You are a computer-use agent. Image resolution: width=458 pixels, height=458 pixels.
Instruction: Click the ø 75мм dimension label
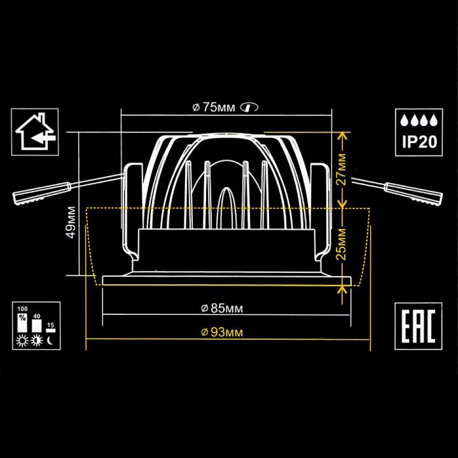[x=213, y=108]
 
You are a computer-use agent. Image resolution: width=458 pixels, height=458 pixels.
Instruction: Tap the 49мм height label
[x=71, y=223]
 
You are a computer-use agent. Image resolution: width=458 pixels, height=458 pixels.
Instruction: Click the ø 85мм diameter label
[x=222, y=309]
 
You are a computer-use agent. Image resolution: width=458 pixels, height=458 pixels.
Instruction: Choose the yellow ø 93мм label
[x=222, y=332]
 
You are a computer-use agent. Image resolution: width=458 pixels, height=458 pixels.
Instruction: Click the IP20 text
[x=419, y=142]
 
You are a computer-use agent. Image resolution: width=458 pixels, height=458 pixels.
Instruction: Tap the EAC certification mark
[x=418, y=326]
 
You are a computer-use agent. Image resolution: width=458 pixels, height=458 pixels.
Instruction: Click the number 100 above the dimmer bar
[x=23, y=309]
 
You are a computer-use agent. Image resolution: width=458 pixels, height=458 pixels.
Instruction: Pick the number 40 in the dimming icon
[x=37, y=316]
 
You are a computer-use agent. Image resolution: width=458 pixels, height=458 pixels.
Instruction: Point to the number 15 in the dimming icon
[x=51, y=325]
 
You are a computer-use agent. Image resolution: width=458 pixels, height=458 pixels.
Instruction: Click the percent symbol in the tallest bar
[x=23, y=318]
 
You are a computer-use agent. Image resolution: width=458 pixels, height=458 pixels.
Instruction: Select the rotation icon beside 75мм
[x=249, y=108]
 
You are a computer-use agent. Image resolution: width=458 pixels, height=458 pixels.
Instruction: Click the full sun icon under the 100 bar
[x=23, y=341]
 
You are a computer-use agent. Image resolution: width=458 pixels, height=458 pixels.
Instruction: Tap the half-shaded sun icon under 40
[x=37, y=341]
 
